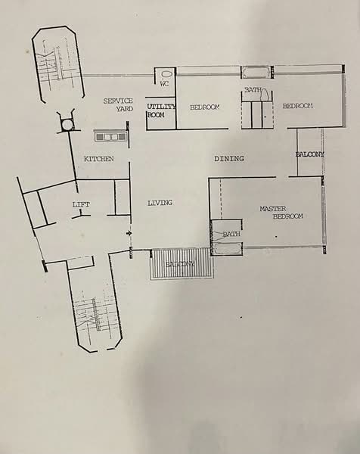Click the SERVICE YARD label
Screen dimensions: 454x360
[119, 105]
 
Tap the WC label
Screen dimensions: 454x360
[164, 84]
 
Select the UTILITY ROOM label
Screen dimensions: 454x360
[160, 110]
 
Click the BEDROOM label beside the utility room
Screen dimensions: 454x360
[204, 107]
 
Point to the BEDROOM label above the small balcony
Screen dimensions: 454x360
[297, 106]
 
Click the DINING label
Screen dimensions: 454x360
[229, 159]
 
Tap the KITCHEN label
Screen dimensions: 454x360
[99, 159]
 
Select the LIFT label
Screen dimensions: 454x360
[81, 205]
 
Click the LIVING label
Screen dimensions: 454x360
[160, 203]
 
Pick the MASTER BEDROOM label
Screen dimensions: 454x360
[281, 213]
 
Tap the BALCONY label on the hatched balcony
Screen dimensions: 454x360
[180, 264]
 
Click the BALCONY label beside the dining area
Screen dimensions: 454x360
[309, 154]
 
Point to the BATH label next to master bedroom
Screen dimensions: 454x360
[231, 235]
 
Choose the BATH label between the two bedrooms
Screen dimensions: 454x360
[253, 91]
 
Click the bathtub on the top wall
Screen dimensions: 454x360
[255, 73]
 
